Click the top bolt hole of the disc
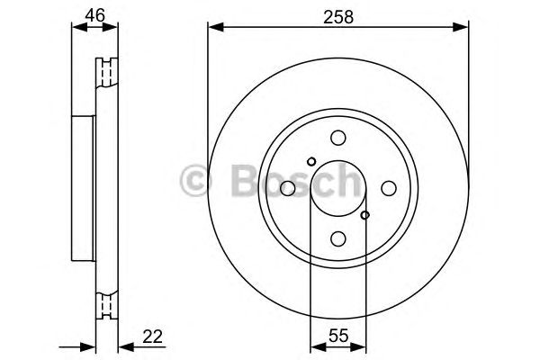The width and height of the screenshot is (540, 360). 338,138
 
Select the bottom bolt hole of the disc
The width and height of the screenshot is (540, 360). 338,238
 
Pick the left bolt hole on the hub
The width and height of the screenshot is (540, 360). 288,188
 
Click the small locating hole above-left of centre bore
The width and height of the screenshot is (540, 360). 311,162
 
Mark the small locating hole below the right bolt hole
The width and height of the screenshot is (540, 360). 364,214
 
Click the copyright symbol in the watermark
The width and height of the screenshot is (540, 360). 195,183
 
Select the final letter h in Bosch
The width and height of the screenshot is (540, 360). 348,183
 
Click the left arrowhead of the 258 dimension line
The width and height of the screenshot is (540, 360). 213,27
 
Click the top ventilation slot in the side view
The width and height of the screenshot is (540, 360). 109,70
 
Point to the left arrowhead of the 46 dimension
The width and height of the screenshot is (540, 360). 76,27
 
